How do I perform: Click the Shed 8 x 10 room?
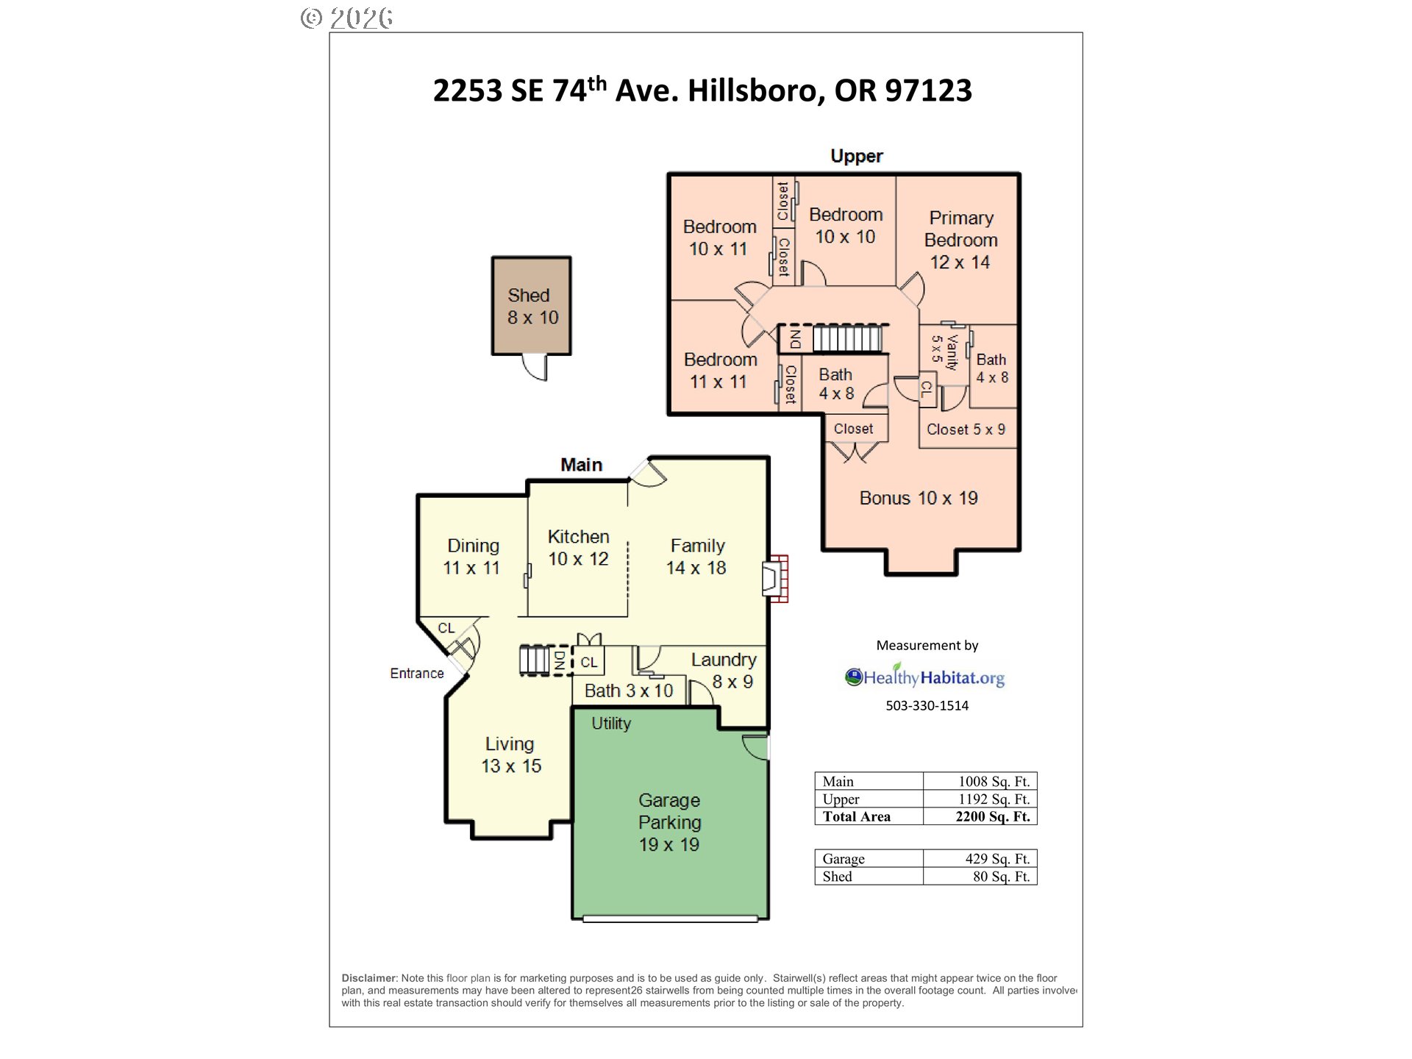531,306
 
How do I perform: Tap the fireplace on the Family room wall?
775,579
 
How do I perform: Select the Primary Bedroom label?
960,229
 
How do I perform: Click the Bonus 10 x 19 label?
919,498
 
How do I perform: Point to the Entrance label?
417,673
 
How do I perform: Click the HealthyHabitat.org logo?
924,677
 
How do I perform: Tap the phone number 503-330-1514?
927,705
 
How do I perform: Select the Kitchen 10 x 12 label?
578,548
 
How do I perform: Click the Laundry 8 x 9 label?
724,670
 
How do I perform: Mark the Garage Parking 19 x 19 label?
669,822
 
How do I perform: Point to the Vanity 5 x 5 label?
944,350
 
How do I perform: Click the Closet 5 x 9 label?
966,429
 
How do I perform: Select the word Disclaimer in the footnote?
368,978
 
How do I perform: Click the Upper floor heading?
857,156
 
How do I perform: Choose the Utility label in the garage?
611,723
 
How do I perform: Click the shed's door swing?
535,367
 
